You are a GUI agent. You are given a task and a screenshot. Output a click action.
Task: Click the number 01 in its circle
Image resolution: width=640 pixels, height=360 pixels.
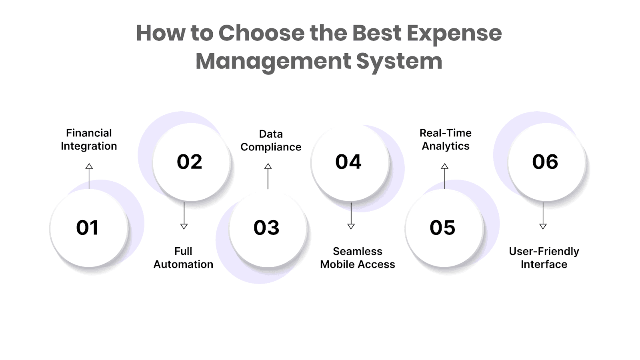coord(87,228)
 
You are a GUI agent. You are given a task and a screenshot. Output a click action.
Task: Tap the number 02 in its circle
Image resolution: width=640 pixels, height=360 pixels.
coord(190,162)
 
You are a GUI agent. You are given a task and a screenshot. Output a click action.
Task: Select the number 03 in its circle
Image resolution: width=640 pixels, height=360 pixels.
coord(266,228)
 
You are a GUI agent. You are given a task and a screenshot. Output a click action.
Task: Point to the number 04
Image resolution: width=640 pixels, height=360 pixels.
coord(348,162)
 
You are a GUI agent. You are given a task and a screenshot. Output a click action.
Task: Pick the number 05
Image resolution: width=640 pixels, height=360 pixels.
coord(442,228)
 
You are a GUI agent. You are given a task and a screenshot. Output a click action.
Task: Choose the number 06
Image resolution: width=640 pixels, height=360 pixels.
coord(545,162)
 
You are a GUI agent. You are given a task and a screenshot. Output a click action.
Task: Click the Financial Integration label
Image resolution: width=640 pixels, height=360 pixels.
coord(89,140)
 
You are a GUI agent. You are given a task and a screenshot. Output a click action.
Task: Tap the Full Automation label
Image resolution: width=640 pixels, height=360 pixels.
coord(183,258)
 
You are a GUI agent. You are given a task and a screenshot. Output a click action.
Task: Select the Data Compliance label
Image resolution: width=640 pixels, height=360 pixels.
coord(271,140)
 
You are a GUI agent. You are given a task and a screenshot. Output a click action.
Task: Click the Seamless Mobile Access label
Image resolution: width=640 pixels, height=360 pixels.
coord(358,258)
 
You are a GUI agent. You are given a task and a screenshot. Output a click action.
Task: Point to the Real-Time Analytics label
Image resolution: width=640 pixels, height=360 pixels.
coord(446,140)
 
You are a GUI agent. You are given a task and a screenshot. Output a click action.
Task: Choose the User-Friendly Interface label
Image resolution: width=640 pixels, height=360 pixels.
coord(544,258)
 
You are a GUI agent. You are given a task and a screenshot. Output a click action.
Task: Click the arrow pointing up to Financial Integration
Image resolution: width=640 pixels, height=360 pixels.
coord(89,176)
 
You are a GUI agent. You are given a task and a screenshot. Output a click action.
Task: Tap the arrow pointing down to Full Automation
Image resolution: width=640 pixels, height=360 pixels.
coord(184,216)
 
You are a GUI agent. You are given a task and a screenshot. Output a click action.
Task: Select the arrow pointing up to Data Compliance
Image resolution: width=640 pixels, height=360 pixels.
coord(268,176)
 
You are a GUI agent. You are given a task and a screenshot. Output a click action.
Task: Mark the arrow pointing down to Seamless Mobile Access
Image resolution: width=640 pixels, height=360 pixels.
coord(351,216)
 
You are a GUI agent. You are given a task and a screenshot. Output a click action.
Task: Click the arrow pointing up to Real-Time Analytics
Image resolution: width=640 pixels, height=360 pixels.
coord(444,176)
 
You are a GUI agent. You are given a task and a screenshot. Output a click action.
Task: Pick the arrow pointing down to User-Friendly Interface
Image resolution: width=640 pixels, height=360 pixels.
coord(543,216)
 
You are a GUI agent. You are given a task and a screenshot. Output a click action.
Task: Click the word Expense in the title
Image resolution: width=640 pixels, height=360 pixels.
coord(454,33)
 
